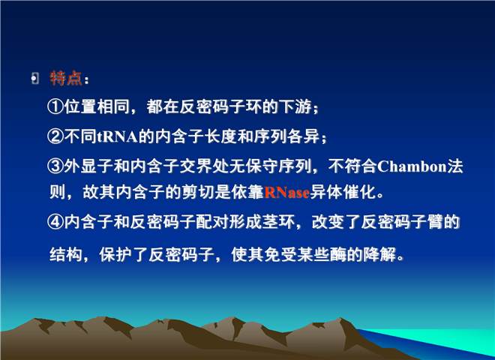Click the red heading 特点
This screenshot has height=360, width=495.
(x=66, y=78)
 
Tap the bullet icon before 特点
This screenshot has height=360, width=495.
(x=34, y=78)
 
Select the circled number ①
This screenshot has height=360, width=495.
(x=55, y=106)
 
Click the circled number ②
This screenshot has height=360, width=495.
(x=55, y=136)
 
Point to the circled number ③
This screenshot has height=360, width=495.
(x=55, y=166)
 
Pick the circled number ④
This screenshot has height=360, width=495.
(x=55, y=222)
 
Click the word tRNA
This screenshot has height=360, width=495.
(x=117, y=136)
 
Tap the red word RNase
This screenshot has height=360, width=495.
(x=286, y=192)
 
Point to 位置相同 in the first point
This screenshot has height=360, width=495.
(x=97, y=106)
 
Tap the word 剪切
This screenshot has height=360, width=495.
(x=198, y=192)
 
